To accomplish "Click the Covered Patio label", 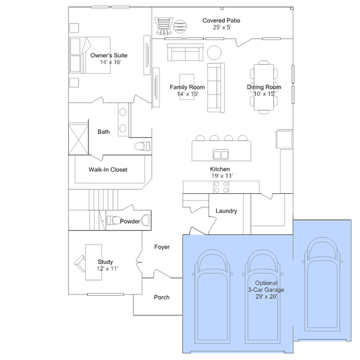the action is [221, 20].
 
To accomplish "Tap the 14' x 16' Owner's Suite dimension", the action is [110, 62].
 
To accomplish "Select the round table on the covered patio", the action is [180, 26].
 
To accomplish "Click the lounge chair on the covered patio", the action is [163, 26].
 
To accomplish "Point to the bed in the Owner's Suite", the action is [90, 55].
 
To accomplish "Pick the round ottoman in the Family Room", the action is [214, 52].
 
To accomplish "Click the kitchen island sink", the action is [221, 154].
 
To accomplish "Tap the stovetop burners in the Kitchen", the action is [221, 187].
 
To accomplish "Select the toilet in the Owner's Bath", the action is [143, 146].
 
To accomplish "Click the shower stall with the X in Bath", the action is [78, 139].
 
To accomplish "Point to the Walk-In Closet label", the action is [108, 170].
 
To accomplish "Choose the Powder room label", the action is [130, 221].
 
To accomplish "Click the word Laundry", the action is [226, 211].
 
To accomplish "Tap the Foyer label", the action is [162, 247].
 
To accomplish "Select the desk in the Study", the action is [94, 262].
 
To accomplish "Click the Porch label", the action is [162, 297].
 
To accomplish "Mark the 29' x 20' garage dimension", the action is [266, 296].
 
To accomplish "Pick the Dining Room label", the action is [264, 87].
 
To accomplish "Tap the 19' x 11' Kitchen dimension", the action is [222, 176].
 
